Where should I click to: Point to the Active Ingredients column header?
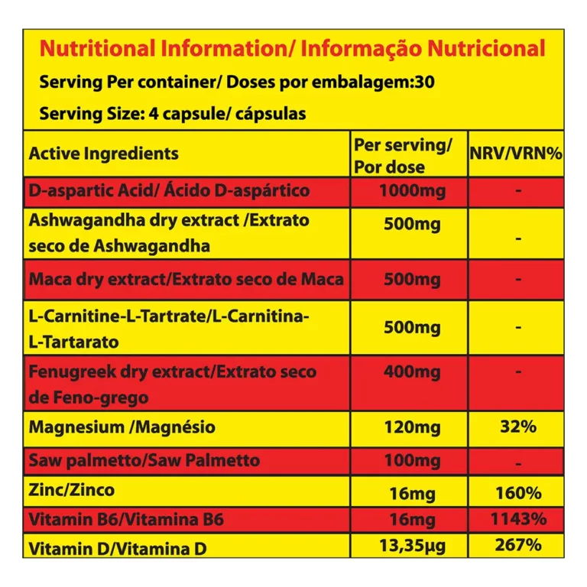pyautogui.click(x=103, y=153)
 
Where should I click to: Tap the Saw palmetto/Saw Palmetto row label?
pyautogui.click(x=144, y=461)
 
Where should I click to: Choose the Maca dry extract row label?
pyautogui.click(x=186, y=279)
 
